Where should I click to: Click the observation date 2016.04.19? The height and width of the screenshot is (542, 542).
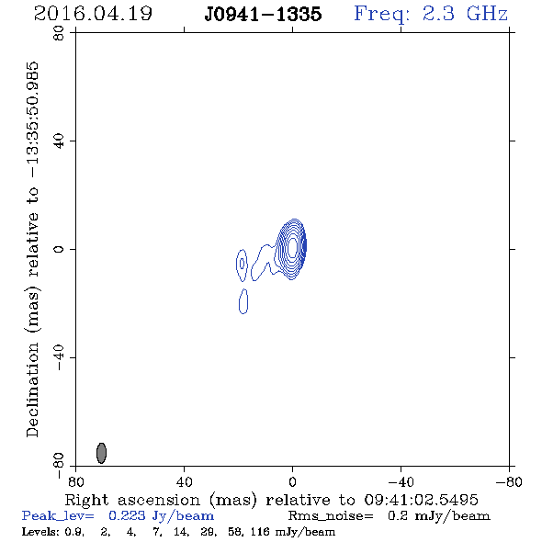pos(93,14)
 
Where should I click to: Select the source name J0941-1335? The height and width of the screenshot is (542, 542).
pos(263,14)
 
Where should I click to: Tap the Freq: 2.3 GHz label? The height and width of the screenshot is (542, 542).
pos(431,14)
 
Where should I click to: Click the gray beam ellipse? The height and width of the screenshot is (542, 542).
pos(101,453)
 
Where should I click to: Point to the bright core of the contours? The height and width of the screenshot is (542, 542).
pos(292,247)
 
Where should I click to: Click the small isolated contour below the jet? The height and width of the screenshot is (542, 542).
pos(243,301)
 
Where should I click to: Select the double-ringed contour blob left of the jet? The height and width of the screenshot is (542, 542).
pos(242,265)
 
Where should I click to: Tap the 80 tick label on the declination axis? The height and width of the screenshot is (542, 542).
pos(59,33)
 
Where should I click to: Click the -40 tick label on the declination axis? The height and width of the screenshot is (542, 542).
pos(59,357)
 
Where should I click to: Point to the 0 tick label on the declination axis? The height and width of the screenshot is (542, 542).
pos(59,249)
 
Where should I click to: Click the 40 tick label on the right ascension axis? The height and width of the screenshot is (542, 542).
pos(185,482)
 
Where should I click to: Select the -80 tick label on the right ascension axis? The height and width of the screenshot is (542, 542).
pos(509,482)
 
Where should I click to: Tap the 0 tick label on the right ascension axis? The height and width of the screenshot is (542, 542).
pos(292,482)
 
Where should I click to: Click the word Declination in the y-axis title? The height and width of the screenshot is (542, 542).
pos(32,390)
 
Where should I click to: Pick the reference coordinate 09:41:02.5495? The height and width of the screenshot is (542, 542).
pos(422,500)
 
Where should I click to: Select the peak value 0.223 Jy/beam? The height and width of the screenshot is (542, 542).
pos(161,515)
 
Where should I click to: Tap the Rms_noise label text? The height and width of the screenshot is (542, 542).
pos(331,515)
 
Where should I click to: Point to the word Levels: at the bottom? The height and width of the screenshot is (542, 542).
pos(40,531)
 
